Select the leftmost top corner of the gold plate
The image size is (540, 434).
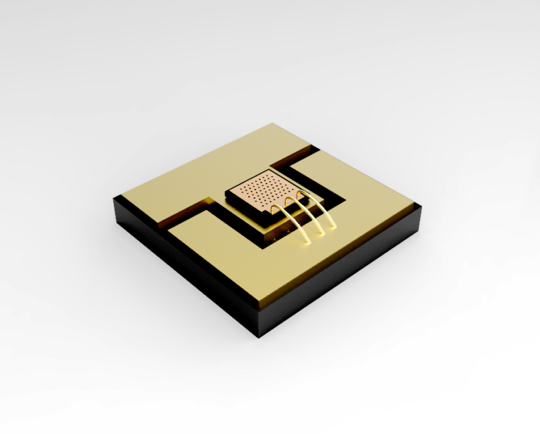click(x=113, y=199)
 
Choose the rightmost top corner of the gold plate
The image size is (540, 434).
click(x=420, y=204)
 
